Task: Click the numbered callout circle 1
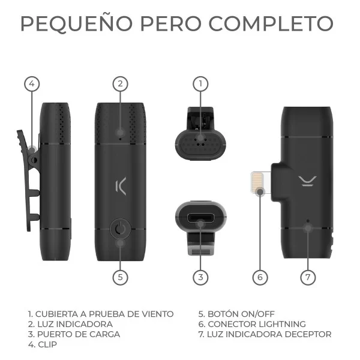pyautogui.click(x=200, y=84)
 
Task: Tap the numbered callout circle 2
pyautogui.click(x=120, y=84)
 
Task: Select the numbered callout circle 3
pyautogui.click(x=200, y=277)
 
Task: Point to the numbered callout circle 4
pyautogui.click(x=32, y=84)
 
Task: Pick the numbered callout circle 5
pyautogui.click(x=120, y=277)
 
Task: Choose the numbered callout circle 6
pyautogui.click(x=259, y=277)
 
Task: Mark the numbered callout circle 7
pyautogui.click(x=308, y=277)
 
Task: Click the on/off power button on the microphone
pyautogui.click(x=120, y=228)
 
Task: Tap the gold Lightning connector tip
pyautogui.click(x=258, y=184)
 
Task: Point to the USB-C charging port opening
pyautogui.click(x=200, y=218)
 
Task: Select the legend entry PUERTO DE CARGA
pyautogui.click(x=77, y=334)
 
